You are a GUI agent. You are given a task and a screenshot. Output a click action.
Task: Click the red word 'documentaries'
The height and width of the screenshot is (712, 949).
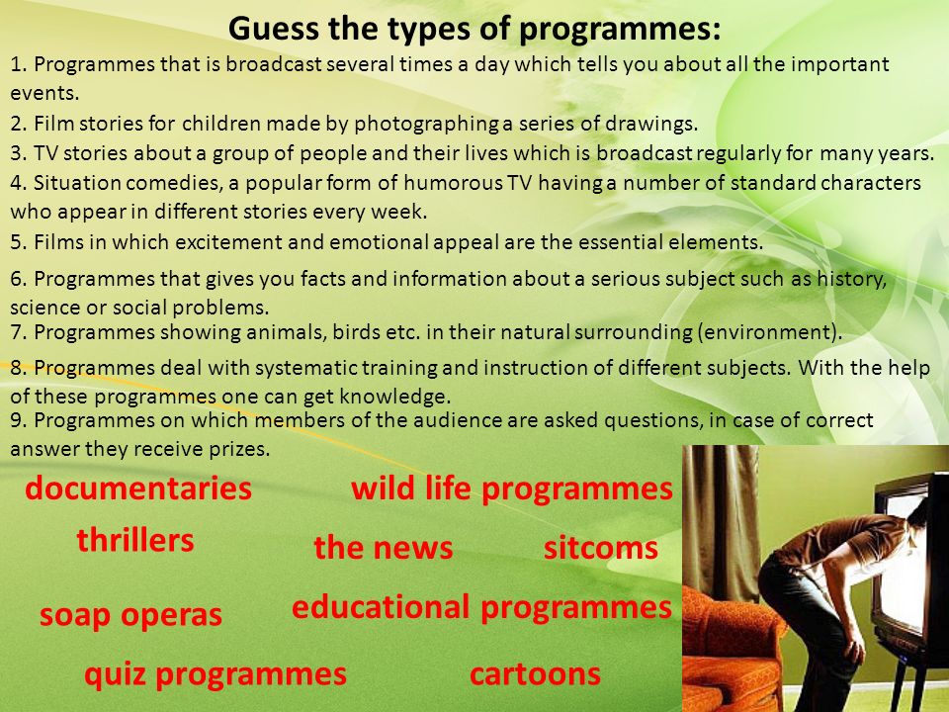(x=138, y=488)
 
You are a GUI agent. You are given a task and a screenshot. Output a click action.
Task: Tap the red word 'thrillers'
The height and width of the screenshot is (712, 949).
(x=135, y=540)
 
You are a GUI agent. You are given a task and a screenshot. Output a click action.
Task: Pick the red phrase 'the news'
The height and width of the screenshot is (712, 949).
(x=384, y=547)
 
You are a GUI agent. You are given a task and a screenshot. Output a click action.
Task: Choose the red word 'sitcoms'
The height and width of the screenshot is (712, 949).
(x=600, y=548)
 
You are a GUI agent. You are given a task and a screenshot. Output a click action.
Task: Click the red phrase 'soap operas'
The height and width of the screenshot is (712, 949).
(x=130, y=615)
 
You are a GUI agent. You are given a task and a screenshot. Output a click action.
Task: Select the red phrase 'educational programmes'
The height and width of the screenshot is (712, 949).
(x=481, y=607)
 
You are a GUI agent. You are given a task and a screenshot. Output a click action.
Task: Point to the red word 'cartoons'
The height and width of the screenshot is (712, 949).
(x=535, y=674)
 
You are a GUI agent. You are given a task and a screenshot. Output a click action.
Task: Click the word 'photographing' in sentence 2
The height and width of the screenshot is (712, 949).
(x=427, y=124)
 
